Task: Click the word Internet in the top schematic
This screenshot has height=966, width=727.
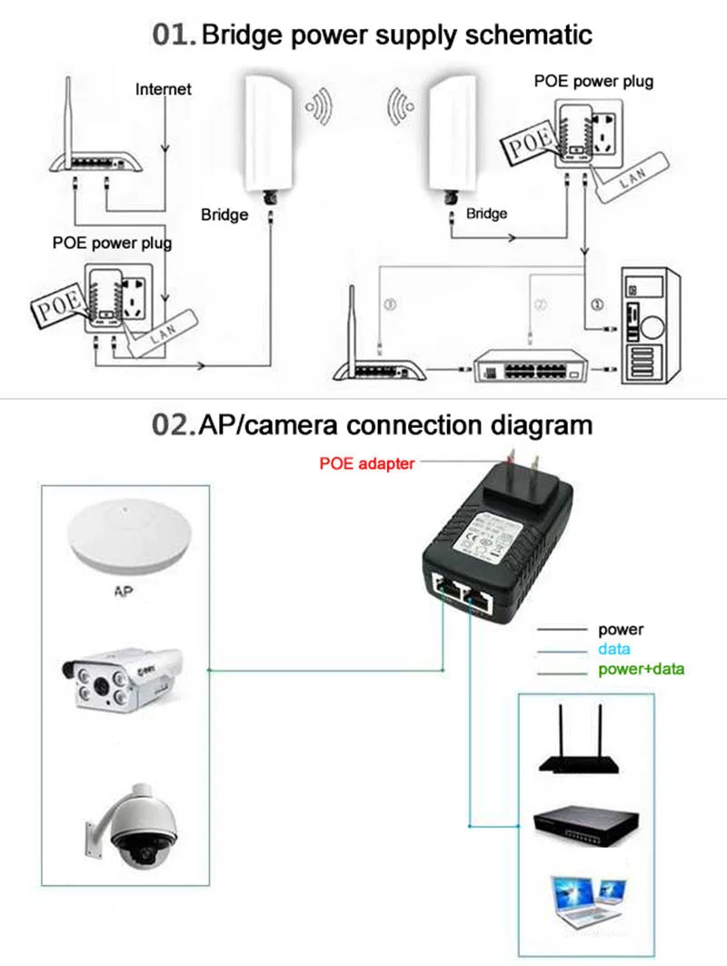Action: coord(164,89)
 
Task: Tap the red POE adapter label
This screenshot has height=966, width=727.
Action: coord(367,463)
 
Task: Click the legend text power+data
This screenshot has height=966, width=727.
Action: coord(641,670)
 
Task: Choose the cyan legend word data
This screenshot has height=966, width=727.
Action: coord(613,649)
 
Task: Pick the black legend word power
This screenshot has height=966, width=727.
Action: coord(621,629)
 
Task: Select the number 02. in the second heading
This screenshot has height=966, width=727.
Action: coord(174,424)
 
